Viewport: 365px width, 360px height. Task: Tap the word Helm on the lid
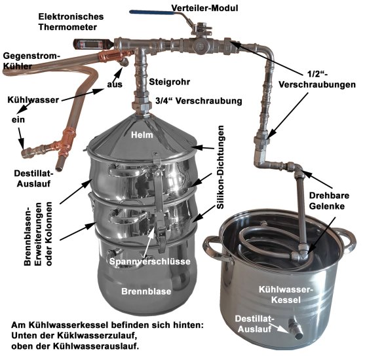click(141, 135)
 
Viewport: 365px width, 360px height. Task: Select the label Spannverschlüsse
click(150, 262)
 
